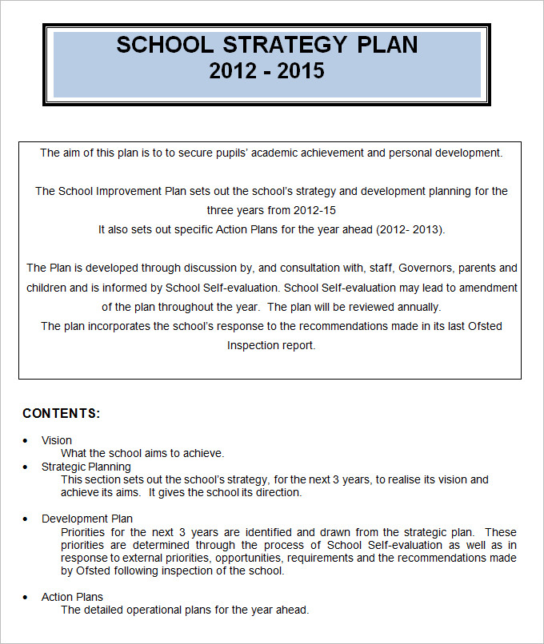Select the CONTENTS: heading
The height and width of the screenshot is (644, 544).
[62, 413]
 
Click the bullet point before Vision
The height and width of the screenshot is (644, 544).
[26, 440]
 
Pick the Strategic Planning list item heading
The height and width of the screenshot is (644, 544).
[86, 467]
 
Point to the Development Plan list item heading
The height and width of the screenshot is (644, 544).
[87, 519]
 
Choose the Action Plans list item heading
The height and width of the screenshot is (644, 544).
[72, 597]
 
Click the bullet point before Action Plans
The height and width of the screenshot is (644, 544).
[26, 597]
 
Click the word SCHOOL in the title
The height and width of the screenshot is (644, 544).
[166, 45]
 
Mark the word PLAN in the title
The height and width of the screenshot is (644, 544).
[386, 45]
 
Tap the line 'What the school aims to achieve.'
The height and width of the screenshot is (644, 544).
[142, 453]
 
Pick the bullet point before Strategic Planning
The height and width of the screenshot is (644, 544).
[26, 467]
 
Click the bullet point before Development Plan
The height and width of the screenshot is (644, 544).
[26, 519]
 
